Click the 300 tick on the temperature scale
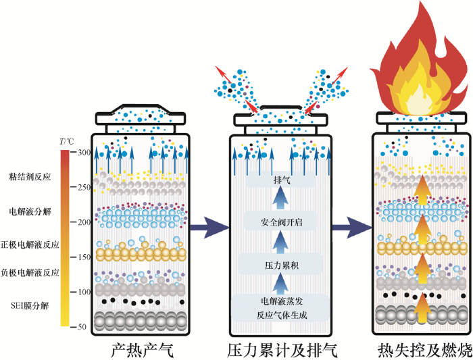[x=82, y=153]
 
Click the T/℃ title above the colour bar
[x=66, y=141]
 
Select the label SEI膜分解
[x=30, y=306]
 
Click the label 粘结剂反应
[x=30, y=177]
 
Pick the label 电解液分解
[x=30, y=211]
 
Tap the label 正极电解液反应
[x=30, y=245]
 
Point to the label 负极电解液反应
[x=30, y=273]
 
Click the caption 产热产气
[x=142, y=351]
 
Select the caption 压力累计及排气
[x=282, y=351]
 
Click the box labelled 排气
[x=281, y=180]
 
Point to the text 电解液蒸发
[x=282, y=301]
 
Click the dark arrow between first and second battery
[x=209, y=228]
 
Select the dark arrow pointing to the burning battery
[x=352, y=228]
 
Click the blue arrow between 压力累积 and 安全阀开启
[x=280, y=242]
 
